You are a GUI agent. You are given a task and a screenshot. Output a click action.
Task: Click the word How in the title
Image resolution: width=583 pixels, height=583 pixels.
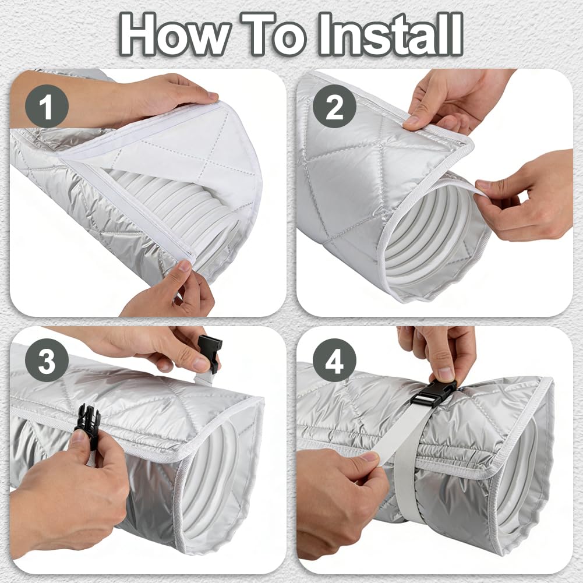pyautogui.click(x=175, y=34)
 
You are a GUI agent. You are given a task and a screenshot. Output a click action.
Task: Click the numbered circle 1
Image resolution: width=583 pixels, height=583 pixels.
pyautogui.click(x=47, y=107)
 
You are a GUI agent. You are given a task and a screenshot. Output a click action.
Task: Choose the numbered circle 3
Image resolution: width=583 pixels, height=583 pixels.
pyautogui.click(x=47, y=361)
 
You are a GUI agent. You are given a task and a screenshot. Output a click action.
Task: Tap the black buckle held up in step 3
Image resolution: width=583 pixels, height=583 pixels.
pyautogui.click(x=210, y=353)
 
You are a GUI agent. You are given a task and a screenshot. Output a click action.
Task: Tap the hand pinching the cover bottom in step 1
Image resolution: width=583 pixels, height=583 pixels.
pyautogui.click(x=171, y=290)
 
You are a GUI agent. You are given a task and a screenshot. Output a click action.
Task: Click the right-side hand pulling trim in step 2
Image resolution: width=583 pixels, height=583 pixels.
pyautogui.click(x=528, y=197)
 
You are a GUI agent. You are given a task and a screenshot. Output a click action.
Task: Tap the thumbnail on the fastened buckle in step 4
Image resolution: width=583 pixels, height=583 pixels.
pyautogui.click(x=446, y=373)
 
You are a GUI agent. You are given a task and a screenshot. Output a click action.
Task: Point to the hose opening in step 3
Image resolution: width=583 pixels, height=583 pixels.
pyautogui.click(x=209, y=483)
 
